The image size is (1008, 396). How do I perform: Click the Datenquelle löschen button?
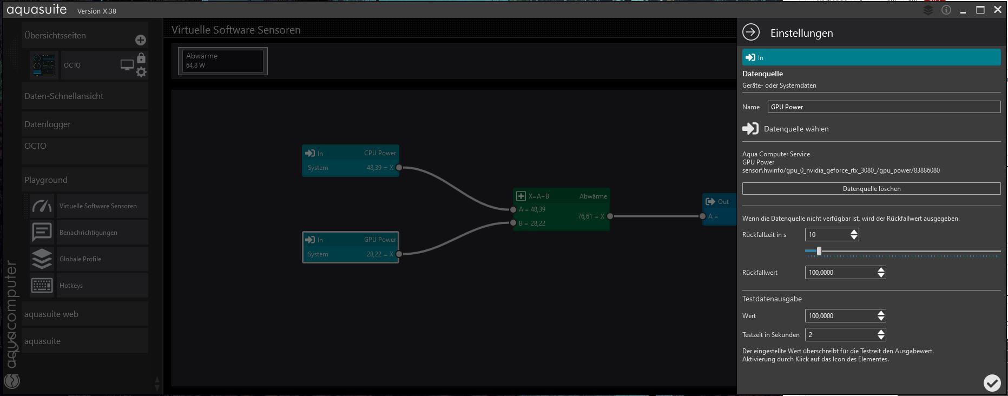click(x=871, y=189)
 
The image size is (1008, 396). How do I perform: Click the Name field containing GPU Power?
click(x=884, y=107)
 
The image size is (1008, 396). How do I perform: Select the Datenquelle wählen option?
click(x=796, y=129)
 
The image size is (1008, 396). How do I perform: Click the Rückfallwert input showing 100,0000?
click(x=840, y=273)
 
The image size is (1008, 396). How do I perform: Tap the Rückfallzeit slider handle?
click(x=819, y=251)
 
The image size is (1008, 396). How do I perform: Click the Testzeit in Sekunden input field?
click(x=840, y=335)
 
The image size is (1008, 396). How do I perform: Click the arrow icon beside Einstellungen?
click(x=751, y=32)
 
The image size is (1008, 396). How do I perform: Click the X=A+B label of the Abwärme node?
click(x=538, y=196)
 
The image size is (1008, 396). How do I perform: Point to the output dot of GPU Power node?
click(x=399, y=254)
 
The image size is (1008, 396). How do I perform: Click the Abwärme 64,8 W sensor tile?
click(x=223, y=61)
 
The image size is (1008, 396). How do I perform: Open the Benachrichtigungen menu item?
click(x=88, y=233)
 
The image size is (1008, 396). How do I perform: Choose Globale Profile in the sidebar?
click(x=80, y=259)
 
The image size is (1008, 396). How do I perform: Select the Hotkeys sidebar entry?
click(x=71, y=286)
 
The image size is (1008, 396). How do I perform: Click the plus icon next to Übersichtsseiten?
click(x=141, y=40)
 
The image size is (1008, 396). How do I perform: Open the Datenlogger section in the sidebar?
click(x=48, y=124)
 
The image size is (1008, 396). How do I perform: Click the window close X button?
click(x=998, y=10)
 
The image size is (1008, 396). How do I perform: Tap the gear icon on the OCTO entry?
click(x=141, y=72)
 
